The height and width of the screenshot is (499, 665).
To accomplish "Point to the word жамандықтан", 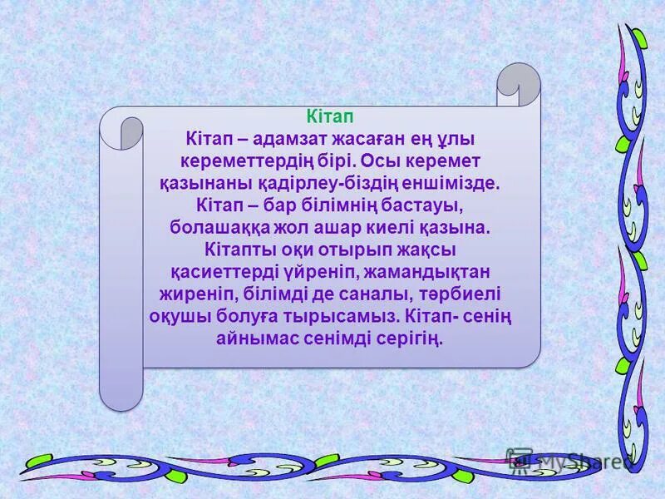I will coord(426,271).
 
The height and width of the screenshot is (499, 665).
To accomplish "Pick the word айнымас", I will coord(256,338).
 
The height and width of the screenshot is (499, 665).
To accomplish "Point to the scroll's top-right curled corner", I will coord(518,83).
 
